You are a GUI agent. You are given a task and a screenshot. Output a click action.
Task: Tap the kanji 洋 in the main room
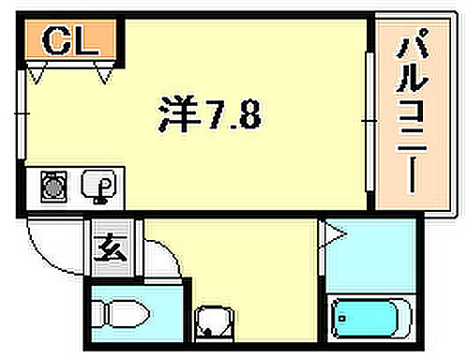(176, 116)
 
